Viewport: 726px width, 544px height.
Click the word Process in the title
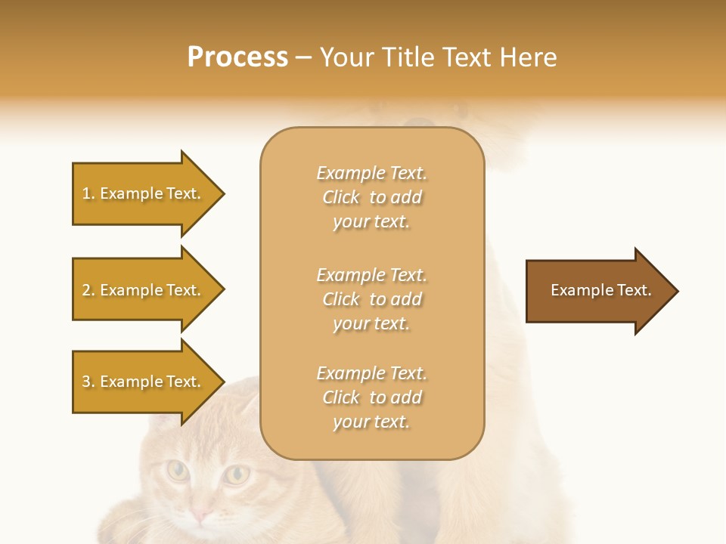(x=237, y=57)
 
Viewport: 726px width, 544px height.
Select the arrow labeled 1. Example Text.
(x=144, y=193)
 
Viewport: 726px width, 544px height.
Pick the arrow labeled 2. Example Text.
(x=144, y=290)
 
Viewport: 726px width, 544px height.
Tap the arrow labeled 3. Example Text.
(x=144, y=382)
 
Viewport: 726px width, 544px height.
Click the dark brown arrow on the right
(x=597, y=290)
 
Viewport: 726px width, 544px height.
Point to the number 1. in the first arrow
(x=88, y=193)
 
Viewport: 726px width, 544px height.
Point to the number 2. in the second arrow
(x=88, y=290)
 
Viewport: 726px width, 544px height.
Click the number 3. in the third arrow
(x=88, y=382)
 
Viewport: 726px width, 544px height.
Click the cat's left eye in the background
(x=178, y=471)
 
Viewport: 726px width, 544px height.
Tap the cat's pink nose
(x=201, y=515)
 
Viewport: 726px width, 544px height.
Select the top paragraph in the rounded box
(x=371, y=197)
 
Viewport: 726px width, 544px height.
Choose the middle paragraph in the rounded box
(x=371, y=299)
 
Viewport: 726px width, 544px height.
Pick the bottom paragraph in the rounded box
(x=371, y=397)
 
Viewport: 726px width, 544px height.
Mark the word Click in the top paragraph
(x=341, y=197)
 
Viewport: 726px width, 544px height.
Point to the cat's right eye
(x=237, y=474)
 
